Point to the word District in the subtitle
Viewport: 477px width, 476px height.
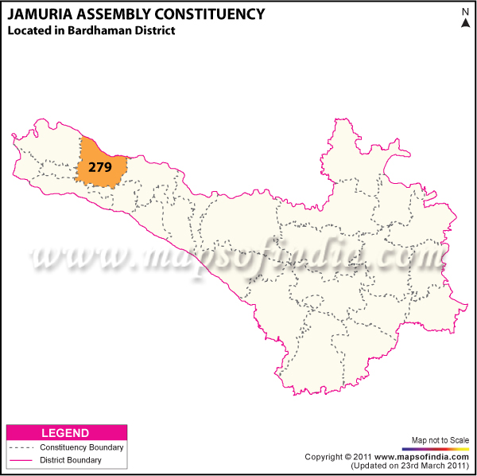point(154,31)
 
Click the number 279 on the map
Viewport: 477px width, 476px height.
point(100,167)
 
